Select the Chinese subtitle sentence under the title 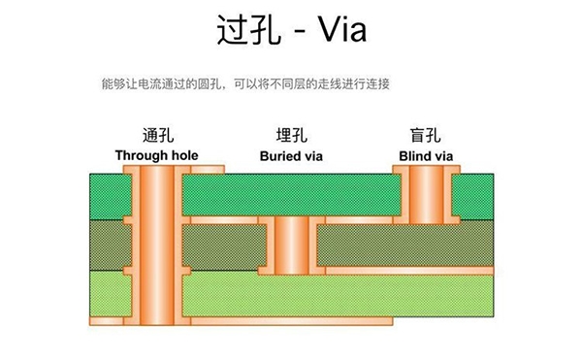tap(244, 84)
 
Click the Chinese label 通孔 tap(156, 136)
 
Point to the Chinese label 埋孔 tap(291, 136)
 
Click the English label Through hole tap(156, 154)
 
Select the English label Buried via tap(291, 154)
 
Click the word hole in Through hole tap(182, 154)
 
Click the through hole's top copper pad tap(155, 170)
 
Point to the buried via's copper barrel tap(291, 244)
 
